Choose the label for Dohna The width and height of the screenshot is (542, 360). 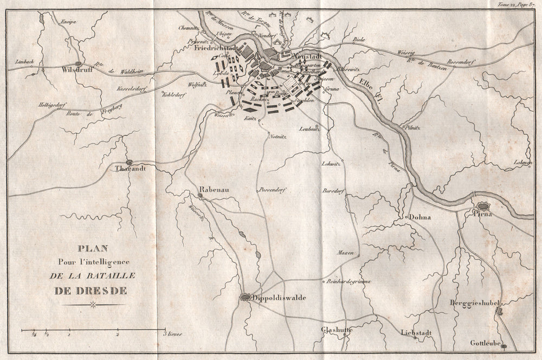(x=420, y=217)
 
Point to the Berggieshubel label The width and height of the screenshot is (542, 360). (x=476, y=303)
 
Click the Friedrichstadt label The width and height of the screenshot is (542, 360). (x=215, y=48)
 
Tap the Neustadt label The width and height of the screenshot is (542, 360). (x=307, y=55)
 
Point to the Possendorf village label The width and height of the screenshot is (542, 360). (x=273, y=190)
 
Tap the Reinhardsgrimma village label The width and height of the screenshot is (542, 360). (x=349, y=280)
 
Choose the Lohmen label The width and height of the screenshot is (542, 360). (x=522, y=163)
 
